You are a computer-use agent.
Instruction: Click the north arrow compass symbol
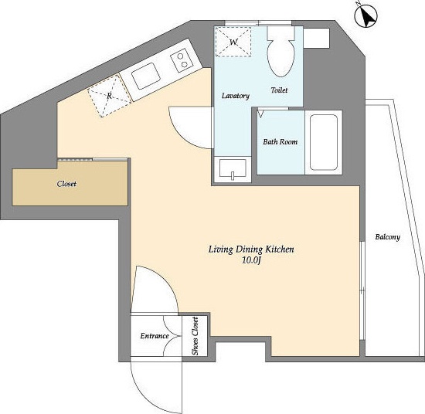(x=366, y=15)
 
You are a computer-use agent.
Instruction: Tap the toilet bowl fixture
(x=280, y=58)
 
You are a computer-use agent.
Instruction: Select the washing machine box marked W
(x=233, y=42)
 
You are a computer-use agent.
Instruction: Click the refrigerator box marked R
(x=109, y=96)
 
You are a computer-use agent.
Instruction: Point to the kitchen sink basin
(x=145, y=76)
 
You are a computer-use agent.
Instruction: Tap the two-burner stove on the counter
(x=182, y=60)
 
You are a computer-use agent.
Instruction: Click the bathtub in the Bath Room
(x=323, y=143)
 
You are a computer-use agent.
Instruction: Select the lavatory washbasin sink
(x=233, y=169)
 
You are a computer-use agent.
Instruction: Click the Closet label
(x=66, y=184)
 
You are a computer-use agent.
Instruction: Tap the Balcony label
(x=388, y=237)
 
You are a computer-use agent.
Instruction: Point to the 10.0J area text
(x=251, y=260)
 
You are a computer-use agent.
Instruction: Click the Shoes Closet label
(x=195, y=336)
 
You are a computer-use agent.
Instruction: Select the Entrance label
(x=155, y=336)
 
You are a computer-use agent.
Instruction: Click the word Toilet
(x=279, y=90)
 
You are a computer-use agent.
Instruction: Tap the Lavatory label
(x=236, y=96)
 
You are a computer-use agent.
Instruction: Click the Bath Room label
(x=280, y=141)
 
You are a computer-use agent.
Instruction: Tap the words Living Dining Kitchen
(x=251, y=249)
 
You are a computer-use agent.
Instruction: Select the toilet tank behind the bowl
(x=280, y=33)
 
